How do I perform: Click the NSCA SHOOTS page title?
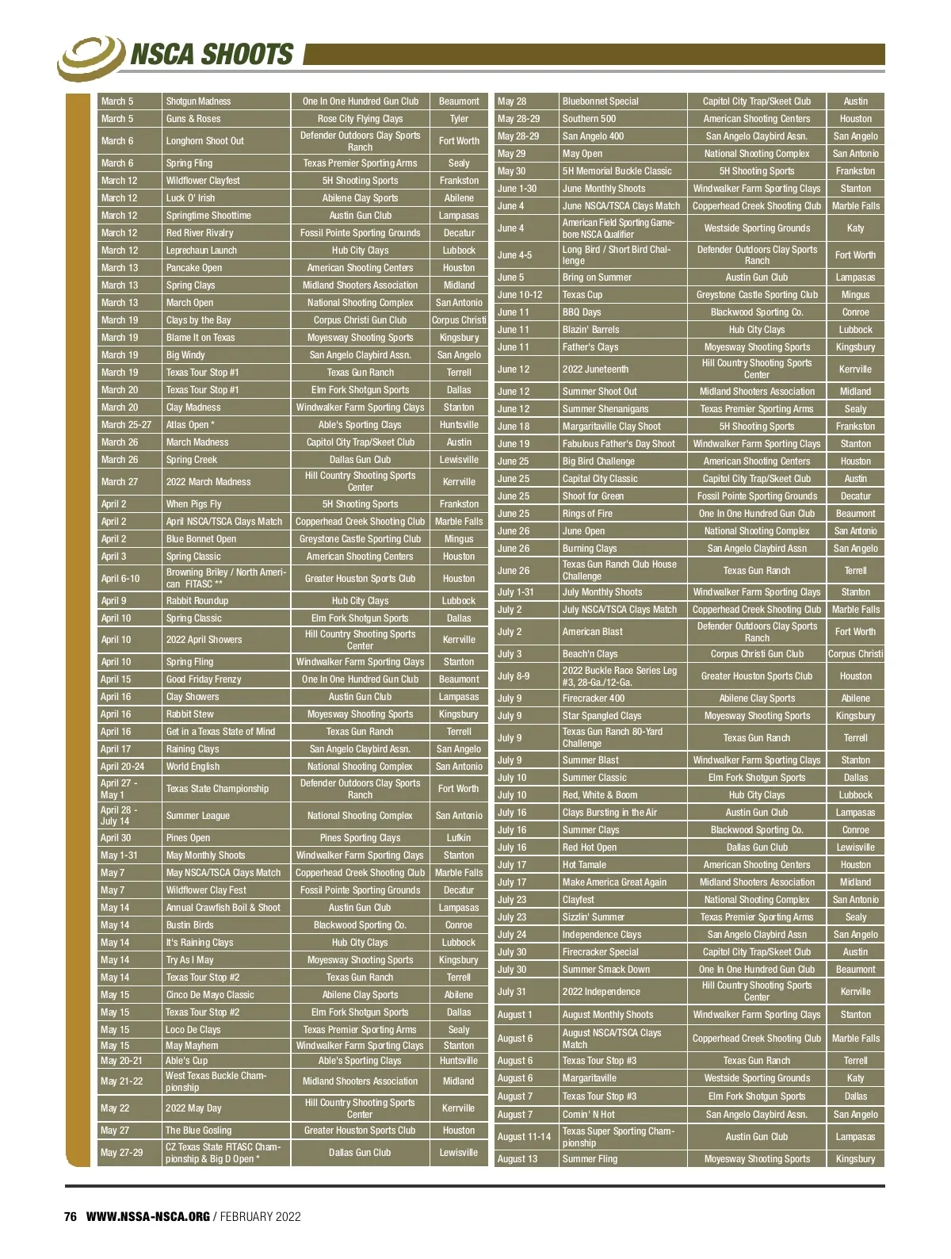click(x=211, y=55)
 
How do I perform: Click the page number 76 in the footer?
click(x=70, y=1217)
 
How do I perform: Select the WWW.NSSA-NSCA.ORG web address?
click(x=147, y=1217)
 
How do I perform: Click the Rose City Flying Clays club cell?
click(x=360, y=119)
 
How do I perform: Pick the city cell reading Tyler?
click(x=459, y=119)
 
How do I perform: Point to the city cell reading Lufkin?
click(x=459, y=838)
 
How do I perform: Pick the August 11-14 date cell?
click(x=524, y=1137)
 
